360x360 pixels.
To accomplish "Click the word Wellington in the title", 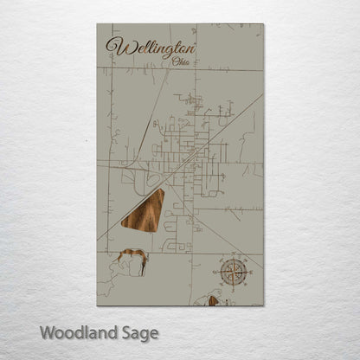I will click(150, 46).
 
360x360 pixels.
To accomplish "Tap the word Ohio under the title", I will click(183, 61).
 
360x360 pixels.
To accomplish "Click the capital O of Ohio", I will click(177, 61).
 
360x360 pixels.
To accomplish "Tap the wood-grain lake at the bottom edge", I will click(210, 301).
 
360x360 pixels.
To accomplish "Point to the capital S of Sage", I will click(125, 332).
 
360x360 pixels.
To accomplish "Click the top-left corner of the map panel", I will click(97, 24).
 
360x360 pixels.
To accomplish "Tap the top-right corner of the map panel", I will click(264, 24).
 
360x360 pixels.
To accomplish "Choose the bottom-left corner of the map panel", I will click(97, 305).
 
